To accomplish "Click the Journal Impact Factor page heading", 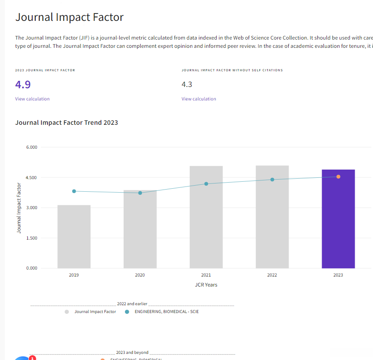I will pos(70,17).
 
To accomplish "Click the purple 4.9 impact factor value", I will pos(23,84).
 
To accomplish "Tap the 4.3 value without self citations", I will pos(187,84).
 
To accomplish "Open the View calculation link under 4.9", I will pos(32,99).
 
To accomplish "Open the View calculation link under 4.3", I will pos(198,99).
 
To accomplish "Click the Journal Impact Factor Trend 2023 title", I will pos(67,123).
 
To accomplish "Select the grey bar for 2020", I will pos(140,230).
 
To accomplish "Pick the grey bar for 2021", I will pos(206,217).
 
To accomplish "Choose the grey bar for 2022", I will pos(272,217).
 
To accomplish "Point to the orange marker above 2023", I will pos(338,177).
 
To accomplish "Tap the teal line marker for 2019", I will pos(74,191).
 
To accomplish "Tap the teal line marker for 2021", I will pos(206,184).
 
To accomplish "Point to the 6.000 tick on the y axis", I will pos(31,147).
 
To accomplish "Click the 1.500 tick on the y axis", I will pos(31,238).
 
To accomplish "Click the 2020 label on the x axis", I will pos(140,275).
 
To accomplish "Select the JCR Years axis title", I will pos(206,285).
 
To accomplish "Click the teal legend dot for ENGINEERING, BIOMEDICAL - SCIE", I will pos(127,312).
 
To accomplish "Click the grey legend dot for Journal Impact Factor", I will pos(67,312).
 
